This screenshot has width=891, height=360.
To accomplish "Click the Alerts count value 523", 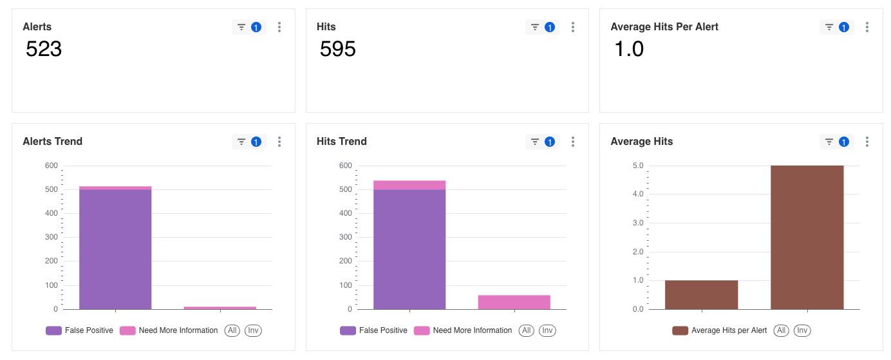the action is pos(44,49).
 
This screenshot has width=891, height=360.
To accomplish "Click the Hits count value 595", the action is pos(338,49).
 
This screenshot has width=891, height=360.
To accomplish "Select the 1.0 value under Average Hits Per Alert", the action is pos(629,49).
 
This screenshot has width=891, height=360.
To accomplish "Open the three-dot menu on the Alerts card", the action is pos(279,27).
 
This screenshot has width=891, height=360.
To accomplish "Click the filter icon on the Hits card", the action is pos(535,27).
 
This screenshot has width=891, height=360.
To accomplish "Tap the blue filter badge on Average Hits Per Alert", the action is pos(843,27).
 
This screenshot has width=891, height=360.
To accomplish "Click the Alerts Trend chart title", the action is pos(53,141).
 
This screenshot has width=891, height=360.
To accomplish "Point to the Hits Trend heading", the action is pos(342,141).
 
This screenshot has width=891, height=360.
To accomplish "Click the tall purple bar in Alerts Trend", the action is pos(115,249).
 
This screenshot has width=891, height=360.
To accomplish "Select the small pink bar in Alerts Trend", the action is pos(220,308).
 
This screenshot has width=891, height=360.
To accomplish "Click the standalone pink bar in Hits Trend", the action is pos(514,302).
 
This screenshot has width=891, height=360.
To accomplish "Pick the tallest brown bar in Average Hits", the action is pos(807,237).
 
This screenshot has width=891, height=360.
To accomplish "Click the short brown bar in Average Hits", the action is pos(701,295).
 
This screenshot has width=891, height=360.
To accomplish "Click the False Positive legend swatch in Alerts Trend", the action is pos(53,330).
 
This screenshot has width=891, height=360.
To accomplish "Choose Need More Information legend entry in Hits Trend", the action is pos(463,330).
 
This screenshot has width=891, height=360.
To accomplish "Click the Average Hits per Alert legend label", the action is pos(729,330).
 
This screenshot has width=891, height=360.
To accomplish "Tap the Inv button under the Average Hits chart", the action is pos(802,330).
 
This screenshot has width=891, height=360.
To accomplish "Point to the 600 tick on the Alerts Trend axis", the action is pos(52,166).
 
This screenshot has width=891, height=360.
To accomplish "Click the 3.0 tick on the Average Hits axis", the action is pos(638,223).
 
